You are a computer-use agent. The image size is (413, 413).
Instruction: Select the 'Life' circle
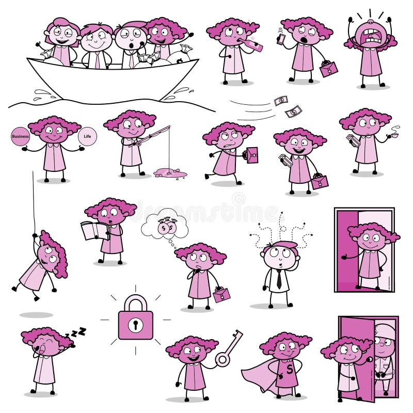(x=86, y=136)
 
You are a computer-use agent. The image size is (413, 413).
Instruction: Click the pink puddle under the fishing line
(x=168, y=172)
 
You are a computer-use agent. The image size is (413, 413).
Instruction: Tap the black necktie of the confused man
(x=278, y=279)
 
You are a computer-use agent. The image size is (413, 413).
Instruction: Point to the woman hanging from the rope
(x=44, y=263)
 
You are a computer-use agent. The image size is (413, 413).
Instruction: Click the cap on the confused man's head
(x=281, y=245)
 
